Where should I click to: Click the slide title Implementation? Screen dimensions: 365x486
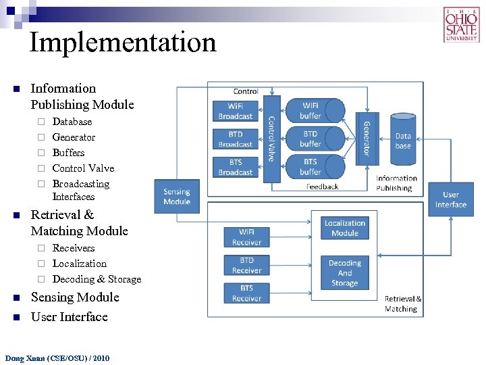(123, 42)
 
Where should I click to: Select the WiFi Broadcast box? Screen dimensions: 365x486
(235, 111)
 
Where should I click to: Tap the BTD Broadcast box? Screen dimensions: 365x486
(235, 139)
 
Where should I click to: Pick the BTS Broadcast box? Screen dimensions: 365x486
(235, 167)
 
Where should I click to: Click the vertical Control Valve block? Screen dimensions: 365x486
(271, 139)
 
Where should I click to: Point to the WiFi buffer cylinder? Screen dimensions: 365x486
(311, 111)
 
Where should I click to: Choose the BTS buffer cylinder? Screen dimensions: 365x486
(311, 167)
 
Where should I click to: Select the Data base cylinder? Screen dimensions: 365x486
(403, 140)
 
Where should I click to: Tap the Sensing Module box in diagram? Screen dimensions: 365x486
(177, 196)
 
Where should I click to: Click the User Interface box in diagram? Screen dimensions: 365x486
(450, 199)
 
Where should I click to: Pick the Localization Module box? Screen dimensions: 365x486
(344, 228)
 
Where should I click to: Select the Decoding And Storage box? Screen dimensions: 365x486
(344, 272)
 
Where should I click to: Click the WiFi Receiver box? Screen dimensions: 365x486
(246, 237)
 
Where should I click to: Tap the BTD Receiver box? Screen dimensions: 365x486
(246, 265)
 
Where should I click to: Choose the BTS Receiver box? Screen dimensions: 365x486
(246, 293)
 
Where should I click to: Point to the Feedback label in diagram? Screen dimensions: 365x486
(322, 187)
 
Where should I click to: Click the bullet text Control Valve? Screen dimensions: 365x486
(83, 168)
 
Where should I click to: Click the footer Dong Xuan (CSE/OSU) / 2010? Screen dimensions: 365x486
(57, 358)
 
